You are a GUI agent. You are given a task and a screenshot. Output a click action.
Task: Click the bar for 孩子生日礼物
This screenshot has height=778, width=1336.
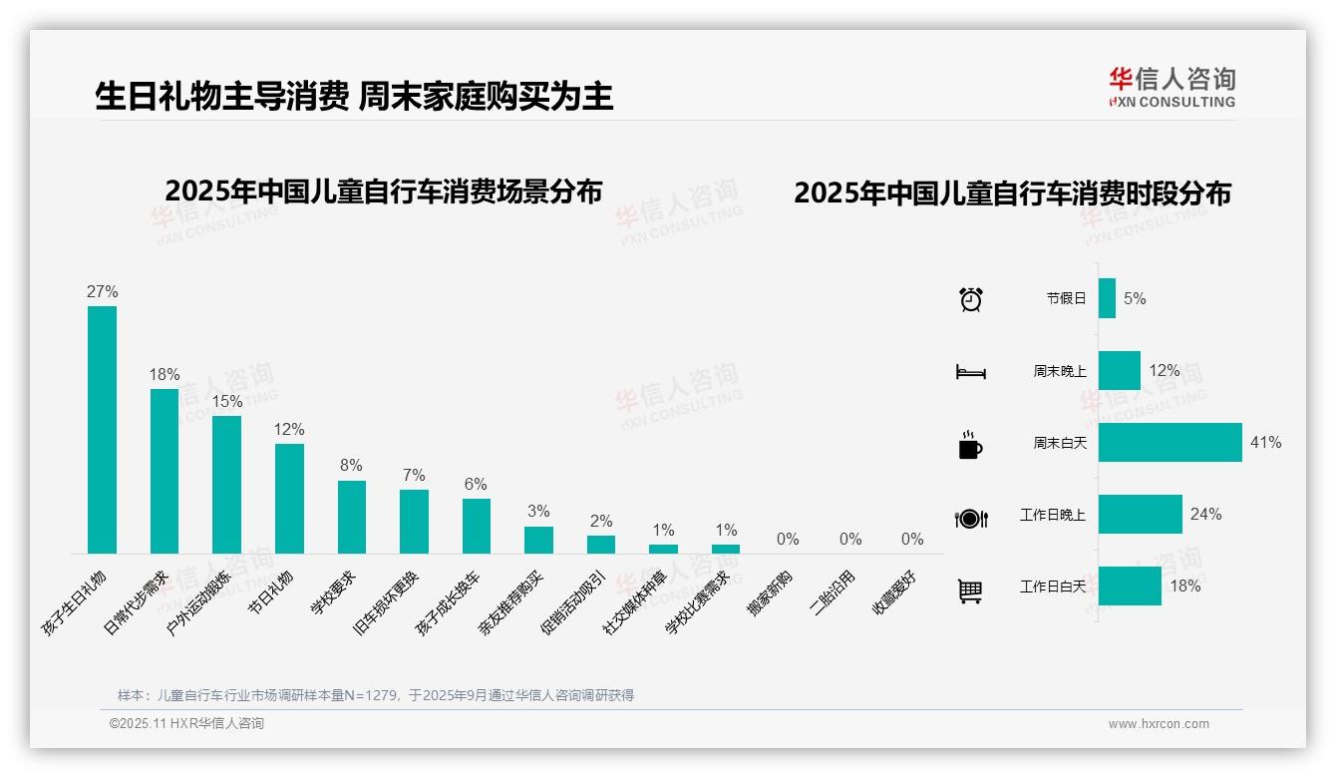[x=102, y=429]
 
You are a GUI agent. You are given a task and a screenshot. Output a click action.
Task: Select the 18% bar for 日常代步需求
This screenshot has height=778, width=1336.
[x=165, y=471]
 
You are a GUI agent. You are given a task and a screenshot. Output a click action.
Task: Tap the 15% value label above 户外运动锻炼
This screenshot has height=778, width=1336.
[x=227, y=401]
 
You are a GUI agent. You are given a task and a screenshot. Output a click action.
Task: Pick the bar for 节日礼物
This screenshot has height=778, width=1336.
[x=289, y=498]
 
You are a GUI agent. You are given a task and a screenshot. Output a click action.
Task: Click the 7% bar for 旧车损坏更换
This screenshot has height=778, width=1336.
[x=414, y=521]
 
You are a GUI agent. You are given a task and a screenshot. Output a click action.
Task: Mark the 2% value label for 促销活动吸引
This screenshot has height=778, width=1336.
[x=601, y=521]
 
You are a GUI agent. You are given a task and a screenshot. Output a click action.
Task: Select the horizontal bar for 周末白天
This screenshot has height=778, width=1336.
[x=1169, y=442]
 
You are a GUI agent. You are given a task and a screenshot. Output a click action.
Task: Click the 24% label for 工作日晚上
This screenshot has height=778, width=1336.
[x=1205, y=514]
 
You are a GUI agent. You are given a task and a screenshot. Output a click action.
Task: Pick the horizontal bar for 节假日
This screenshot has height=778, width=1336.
[x=1107, y=298]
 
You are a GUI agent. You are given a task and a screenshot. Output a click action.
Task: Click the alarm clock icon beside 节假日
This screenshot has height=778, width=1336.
[x=971, y=298]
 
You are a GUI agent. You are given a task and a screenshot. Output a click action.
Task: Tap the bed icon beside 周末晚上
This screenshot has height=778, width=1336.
[x=971, y=371]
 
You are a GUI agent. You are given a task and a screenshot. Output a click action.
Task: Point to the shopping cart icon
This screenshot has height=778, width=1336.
[x=971, y=590]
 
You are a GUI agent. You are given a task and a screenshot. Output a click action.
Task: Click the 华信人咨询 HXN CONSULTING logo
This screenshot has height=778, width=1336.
[x=1171, y=88]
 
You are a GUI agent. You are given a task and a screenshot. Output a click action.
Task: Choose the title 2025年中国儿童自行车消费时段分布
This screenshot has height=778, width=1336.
[x=1012, y=194]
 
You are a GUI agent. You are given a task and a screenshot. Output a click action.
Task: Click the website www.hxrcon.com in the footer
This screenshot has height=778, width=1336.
[x=1159, y=724]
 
